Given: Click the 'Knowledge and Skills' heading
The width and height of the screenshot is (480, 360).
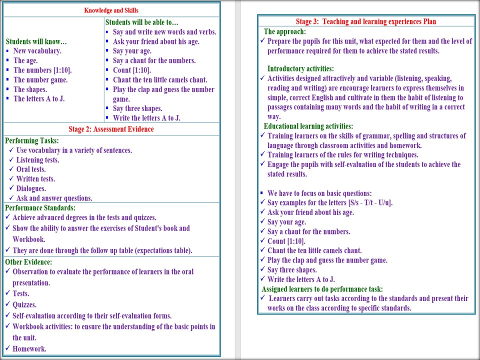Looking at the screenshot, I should pos(111,10).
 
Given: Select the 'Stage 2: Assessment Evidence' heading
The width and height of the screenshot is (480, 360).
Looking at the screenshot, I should pos(111,129).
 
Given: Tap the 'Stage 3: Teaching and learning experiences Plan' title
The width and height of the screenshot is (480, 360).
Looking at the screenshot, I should pos(365,21).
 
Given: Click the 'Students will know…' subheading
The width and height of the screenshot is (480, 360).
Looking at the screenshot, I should pos(36,41).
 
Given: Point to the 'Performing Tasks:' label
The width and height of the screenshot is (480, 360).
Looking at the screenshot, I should pos(31,140).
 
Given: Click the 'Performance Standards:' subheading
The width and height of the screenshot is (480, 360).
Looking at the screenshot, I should pos(40,207).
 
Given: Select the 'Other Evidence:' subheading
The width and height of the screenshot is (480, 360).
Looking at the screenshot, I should pos(28,262).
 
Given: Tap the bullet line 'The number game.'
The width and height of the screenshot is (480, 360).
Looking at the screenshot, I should pos(40,79).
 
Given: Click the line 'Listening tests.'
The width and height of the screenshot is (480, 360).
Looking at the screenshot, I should pos(37,160).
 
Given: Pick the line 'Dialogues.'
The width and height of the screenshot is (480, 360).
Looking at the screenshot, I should pos(31,188).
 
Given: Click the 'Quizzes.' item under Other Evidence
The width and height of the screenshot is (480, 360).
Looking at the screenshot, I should pos(24,304).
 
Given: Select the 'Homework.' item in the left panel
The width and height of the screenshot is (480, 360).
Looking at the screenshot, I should pos(29,349).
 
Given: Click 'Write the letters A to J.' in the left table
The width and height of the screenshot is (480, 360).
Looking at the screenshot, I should pos(146,118).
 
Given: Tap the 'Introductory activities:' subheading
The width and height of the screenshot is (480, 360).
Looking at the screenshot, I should pos(300,68).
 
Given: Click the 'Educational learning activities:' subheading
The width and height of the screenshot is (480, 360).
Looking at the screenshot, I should pos(308,126).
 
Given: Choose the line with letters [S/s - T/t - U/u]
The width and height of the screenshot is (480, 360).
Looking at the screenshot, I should pos(330,202).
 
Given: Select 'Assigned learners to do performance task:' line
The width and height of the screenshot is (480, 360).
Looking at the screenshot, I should pos(322,289).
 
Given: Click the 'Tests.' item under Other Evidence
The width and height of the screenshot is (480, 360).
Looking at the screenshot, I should pos(21,293).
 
